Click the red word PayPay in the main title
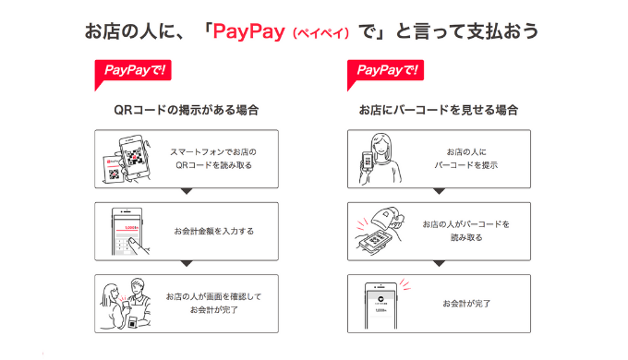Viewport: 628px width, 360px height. [x=248, y=31]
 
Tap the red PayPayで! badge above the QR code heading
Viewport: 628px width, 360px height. [x=133, y=75]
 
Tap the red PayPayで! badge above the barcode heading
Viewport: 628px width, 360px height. [x=386, y=75]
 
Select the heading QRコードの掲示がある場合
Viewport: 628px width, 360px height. [x=187, y=110]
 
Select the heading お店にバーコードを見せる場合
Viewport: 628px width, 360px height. [x=439, y=110]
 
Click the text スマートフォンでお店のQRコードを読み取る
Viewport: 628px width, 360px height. [x=213, y=159]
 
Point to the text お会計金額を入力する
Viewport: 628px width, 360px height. [x=214, y=231]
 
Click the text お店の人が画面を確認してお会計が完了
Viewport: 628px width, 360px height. [x=214, y=303]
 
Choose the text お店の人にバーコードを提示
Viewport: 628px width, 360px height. [x=466, y=159]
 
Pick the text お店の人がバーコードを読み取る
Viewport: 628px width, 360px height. [x=466, y=231]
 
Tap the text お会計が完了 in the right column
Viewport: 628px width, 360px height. [x=466, y=304]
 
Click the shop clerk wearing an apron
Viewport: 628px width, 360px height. [x=139, y=303]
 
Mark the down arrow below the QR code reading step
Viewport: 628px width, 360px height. [x=187, y=191]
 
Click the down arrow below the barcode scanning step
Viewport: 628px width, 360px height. [x=440, y=263]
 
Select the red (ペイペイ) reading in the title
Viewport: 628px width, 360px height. [x=321, y=33]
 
